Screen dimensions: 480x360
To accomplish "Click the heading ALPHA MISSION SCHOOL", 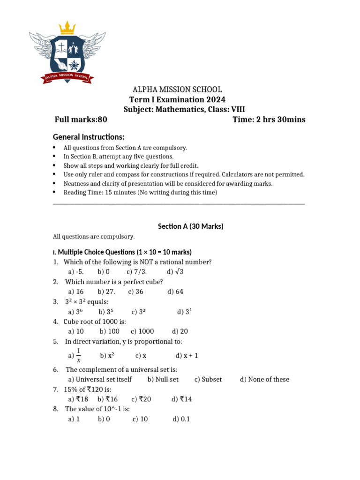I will click(x=178, y=90).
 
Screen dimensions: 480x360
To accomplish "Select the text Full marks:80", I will click(x=81, y=120).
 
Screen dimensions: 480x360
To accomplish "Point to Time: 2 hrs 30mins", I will click(x=269, y=120).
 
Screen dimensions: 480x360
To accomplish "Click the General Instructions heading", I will click(x=89, y=137).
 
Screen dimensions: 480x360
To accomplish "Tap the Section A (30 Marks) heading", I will click(x=191, y=226).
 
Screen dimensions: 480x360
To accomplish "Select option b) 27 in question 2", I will click(x=106, y=292).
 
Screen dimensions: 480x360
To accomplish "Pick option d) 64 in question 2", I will click(x=175, y=292).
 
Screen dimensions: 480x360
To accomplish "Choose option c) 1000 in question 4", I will click(x=142, y=331).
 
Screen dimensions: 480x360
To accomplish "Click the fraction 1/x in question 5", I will click(x=78, y=355).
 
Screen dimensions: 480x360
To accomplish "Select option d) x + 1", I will click(x=187, y=356).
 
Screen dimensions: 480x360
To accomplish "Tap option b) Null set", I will click(x=163, y=379).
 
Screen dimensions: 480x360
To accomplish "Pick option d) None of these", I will click(x=264, y=379).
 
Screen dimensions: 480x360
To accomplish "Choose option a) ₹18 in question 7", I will click(x=78, y=399).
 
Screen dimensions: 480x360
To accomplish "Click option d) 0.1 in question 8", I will click(x=181, y=419).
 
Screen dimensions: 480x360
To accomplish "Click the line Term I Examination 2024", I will click(x=177, y=100).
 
